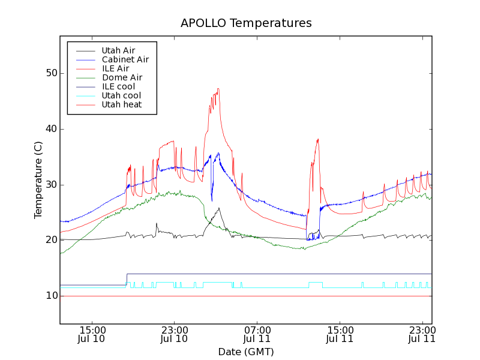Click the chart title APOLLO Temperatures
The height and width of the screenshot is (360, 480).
point(246,23)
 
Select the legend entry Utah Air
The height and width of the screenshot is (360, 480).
point(118,51)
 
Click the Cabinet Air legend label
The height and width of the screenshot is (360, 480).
point(125,60)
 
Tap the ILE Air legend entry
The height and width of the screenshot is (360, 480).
point(115,69)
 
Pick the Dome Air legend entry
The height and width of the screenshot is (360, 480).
point(122,78)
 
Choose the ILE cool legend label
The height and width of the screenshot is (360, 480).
point(118,87)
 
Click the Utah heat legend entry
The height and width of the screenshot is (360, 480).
point(121,105)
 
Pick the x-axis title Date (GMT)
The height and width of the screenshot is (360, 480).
point(246,352)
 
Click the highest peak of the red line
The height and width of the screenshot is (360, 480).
point(218,89)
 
